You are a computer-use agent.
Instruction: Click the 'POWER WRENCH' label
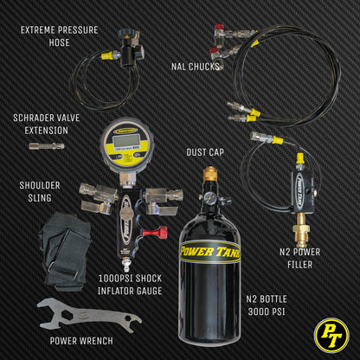coord(80,340)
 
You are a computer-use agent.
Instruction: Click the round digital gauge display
coord(125,144)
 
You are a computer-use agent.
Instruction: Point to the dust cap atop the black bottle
coord(209,173)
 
